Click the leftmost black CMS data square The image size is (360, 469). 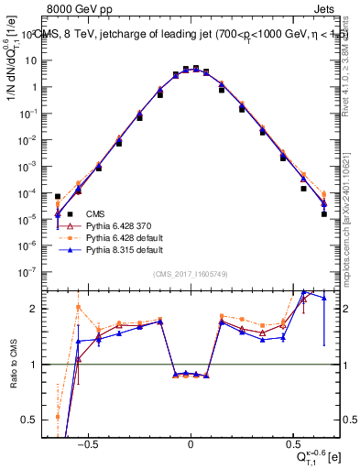tap(58, 196)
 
